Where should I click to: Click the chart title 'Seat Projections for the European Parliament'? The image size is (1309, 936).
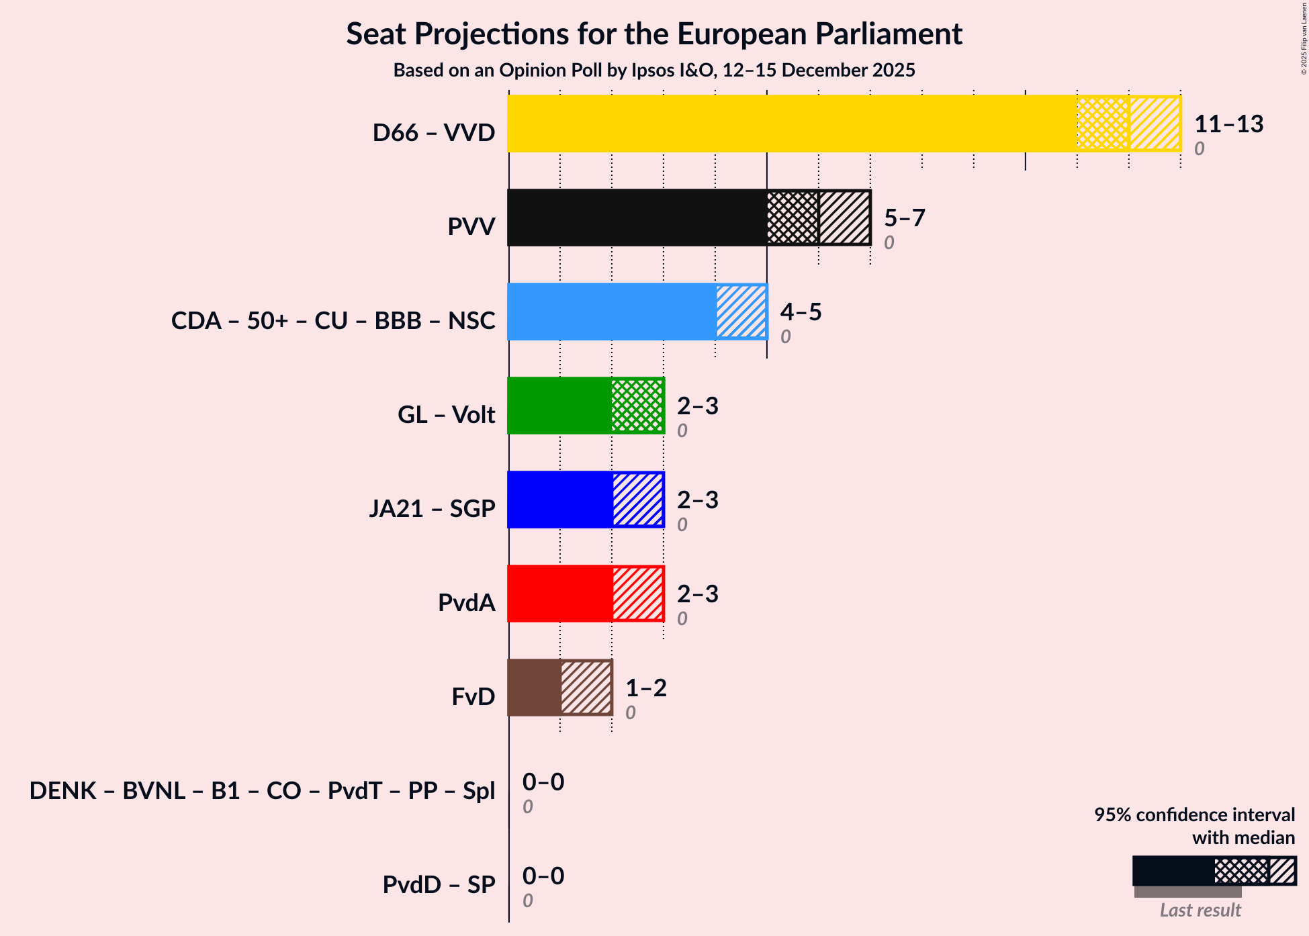pyautogui.click(x=654, y=34)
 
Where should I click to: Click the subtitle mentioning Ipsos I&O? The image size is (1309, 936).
pyautogui.click(x=654, y=70)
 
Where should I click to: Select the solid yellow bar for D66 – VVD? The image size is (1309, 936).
pyautogui.click(x=793, y=124)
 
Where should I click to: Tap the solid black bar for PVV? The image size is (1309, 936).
pyautogui.click(x=637, y=218)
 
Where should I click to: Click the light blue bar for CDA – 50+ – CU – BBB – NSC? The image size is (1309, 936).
pyautogui.click(x=611, y=312)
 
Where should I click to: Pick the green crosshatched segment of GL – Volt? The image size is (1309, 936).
pyautogui.click(x=637, y=406)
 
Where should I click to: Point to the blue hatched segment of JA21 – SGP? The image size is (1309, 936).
pyautogui.click(x=637, y=500)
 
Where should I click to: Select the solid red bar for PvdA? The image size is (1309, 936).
pyautogui.click(x=559, y=594)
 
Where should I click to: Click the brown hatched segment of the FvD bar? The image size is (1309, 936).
pyautogui.click(x=586, y=688)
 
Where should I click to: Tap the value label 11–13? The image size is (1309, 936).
pyautogui.click(x=1228, y=124)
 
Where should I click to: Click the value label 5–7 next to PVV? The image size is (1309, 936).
pyautogui.click(x=904, y=218)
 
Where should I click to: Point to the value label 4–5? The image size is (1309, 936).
pyautogui.click(x=801, y=312)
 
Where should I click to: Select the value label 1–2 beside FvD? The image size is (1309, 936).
pyautogui.click(x=645, y=688)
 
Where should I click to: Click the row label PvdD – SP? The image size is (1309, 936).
pyautogui.click(x=439, y=884)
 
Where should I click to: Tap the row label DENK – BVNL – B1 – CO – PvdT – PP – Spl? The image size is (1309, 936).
pyautogui.click(x=262, y=790)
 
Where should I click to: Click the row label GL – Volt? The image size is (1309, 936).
pyautogui.click(x=446, y=414)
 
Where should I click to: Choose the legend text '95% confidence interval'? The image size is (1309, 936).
pyautogui.click(x=1193, y=814)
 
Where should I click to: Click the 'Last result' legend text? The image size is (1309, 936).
pyautogui.click(x=1200, y=910)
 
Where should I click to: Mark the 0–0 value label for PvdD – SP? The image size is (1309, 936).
pyautogui.click(x=543, y=876)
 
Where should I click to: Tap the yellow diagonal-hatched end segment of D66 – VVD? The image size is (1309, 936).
pyautogui.click(x=1155, y=124)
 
